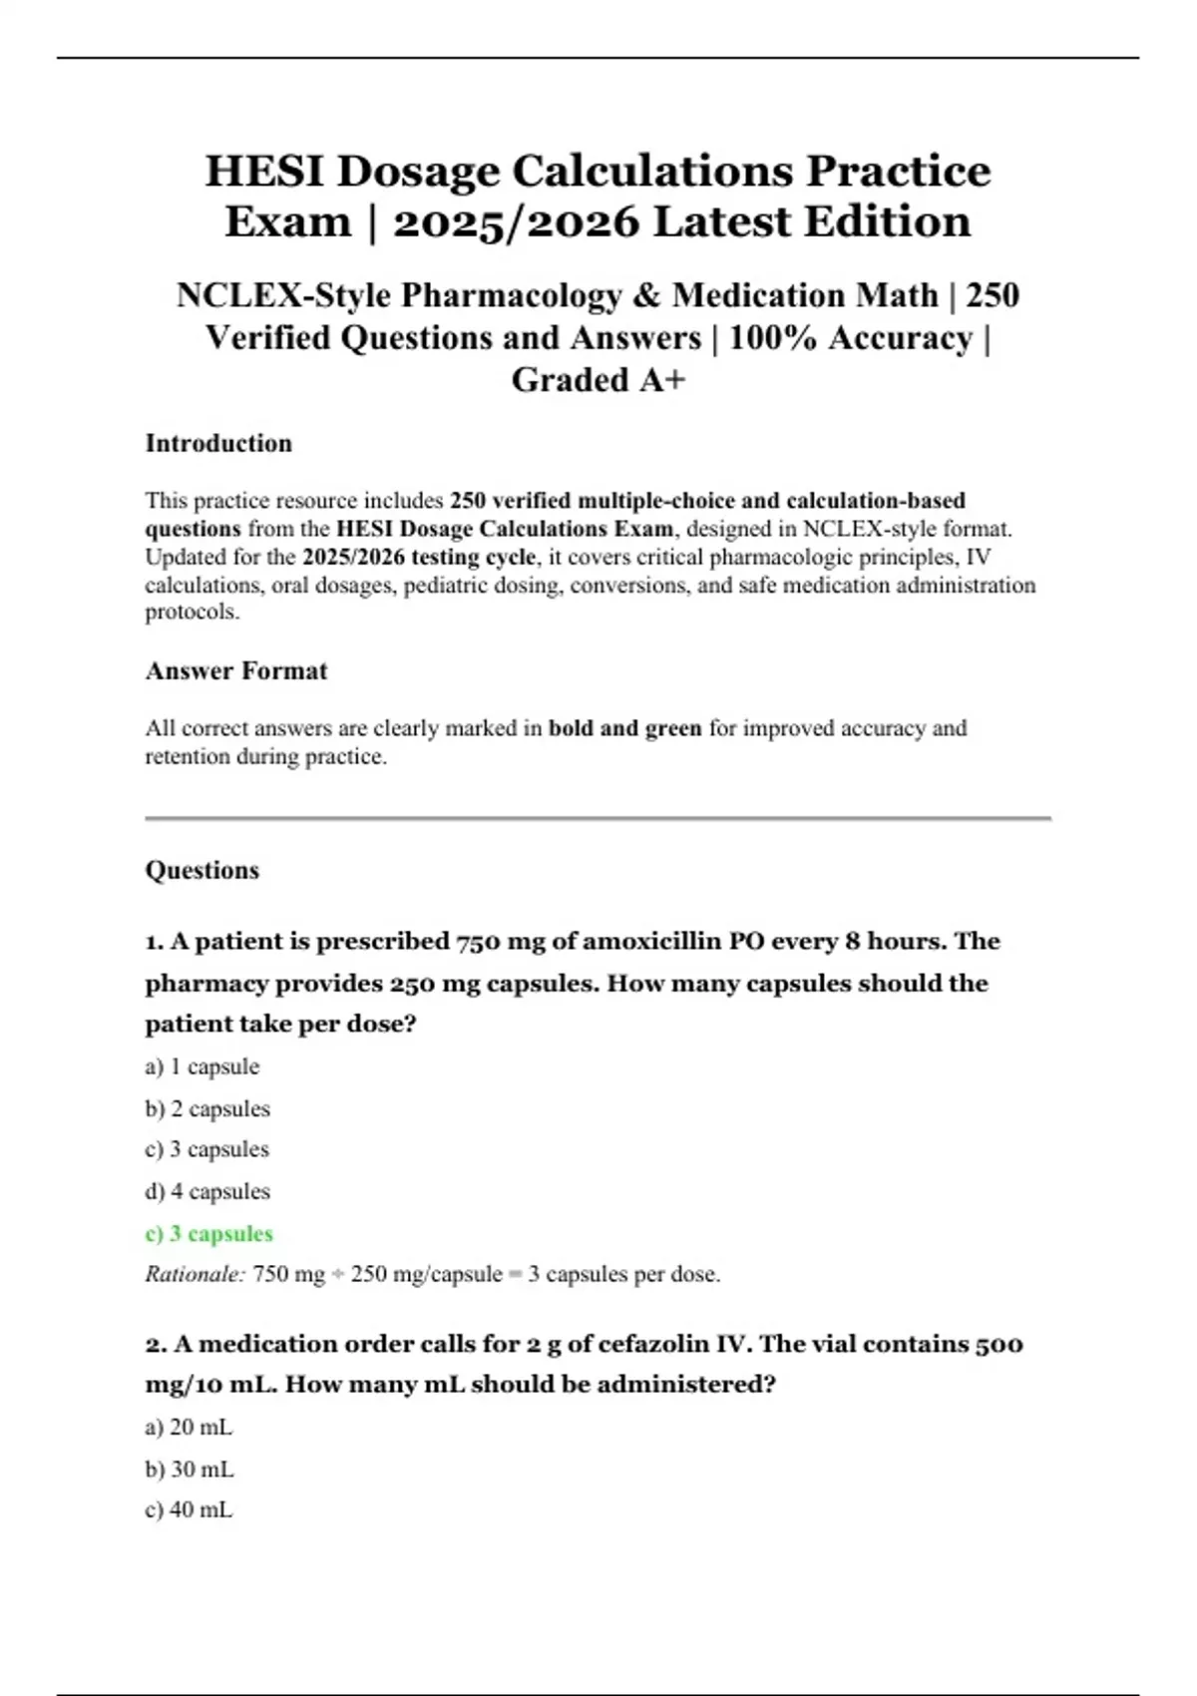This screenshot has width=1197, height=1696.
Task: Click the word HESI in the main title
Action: [x=263, y=172]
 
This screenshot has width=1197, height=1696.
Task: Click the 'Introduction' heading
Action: [x=218, y=443]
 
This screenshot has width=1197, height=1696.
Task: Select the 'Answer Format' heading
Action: [x=236, y=670]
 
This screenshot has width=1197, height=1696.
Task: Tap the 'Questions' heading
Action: [x=202, y=870]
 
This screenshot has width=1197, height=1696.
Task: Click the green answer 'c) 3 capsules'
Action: [x=208, y=1233]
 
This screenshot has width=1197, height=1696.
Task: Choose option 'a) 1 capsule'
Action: [x=202, y=1066]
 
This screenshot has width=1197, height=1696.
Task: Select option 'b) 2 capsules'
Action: [x=207, y=1108]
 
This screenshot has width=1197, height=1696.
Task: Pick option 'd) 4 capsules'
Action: [x=207, y=1191]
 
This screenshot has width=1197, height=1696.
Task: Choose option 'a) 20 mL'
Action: [x=189, y=1428]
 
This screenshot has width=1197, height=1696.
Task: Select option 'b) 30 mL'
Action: [x=190, y=1470]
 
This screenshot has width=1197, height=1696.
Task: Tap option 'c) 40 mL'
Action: [x=189, y=1509]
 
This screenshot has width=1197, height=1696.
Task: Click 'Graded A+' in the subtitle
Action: [x=598, y=380]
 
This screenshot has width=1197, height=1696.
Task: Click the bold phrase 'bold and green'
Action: [x=625, y=728]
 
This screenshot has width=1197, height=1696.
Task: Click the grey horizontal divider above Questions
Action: [x=598, y=818]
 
